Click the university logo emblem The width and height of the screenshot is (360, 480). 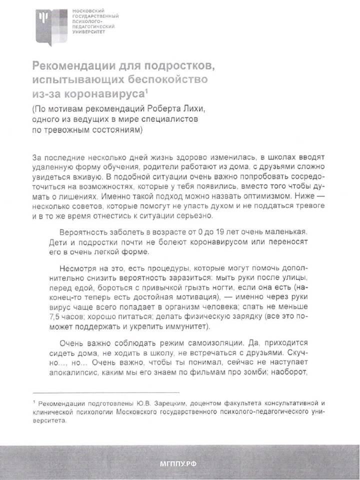50,25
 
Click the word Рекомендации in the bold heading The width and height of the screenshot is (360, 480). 71,66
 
